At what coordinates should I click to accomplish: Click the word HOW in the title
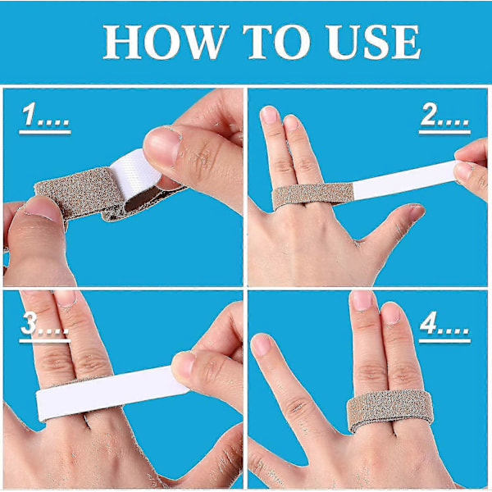pos(166,42)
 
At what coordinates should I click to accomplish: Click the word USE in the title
pos(373,42)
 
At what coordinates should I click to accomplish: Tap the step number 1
pos(29,115)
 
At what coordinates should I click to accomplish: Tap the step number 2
pos(429,115)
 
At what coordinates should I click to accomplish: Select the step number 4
pos(428,323)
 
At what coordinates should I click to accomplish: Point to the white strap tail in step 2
pos(404,180)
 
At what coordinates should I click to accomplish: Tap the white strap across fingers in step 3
pos(110,392)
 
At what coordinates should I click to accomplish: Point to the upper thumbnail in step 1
pos(162,145)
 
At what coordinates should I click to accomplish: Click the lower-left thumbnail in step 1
pos(43,207)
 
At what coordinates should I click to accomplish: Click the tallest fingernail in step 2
pos(269,115)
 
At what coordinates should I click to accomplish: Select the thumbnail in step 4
pos(261,344)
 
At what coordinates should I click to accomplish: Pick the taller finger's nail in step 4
pos(361,301)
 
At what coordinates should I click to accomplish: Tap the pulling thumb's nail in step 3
pos(183,365)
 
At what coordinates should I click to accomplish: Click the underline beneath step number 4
pos(444,340)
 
